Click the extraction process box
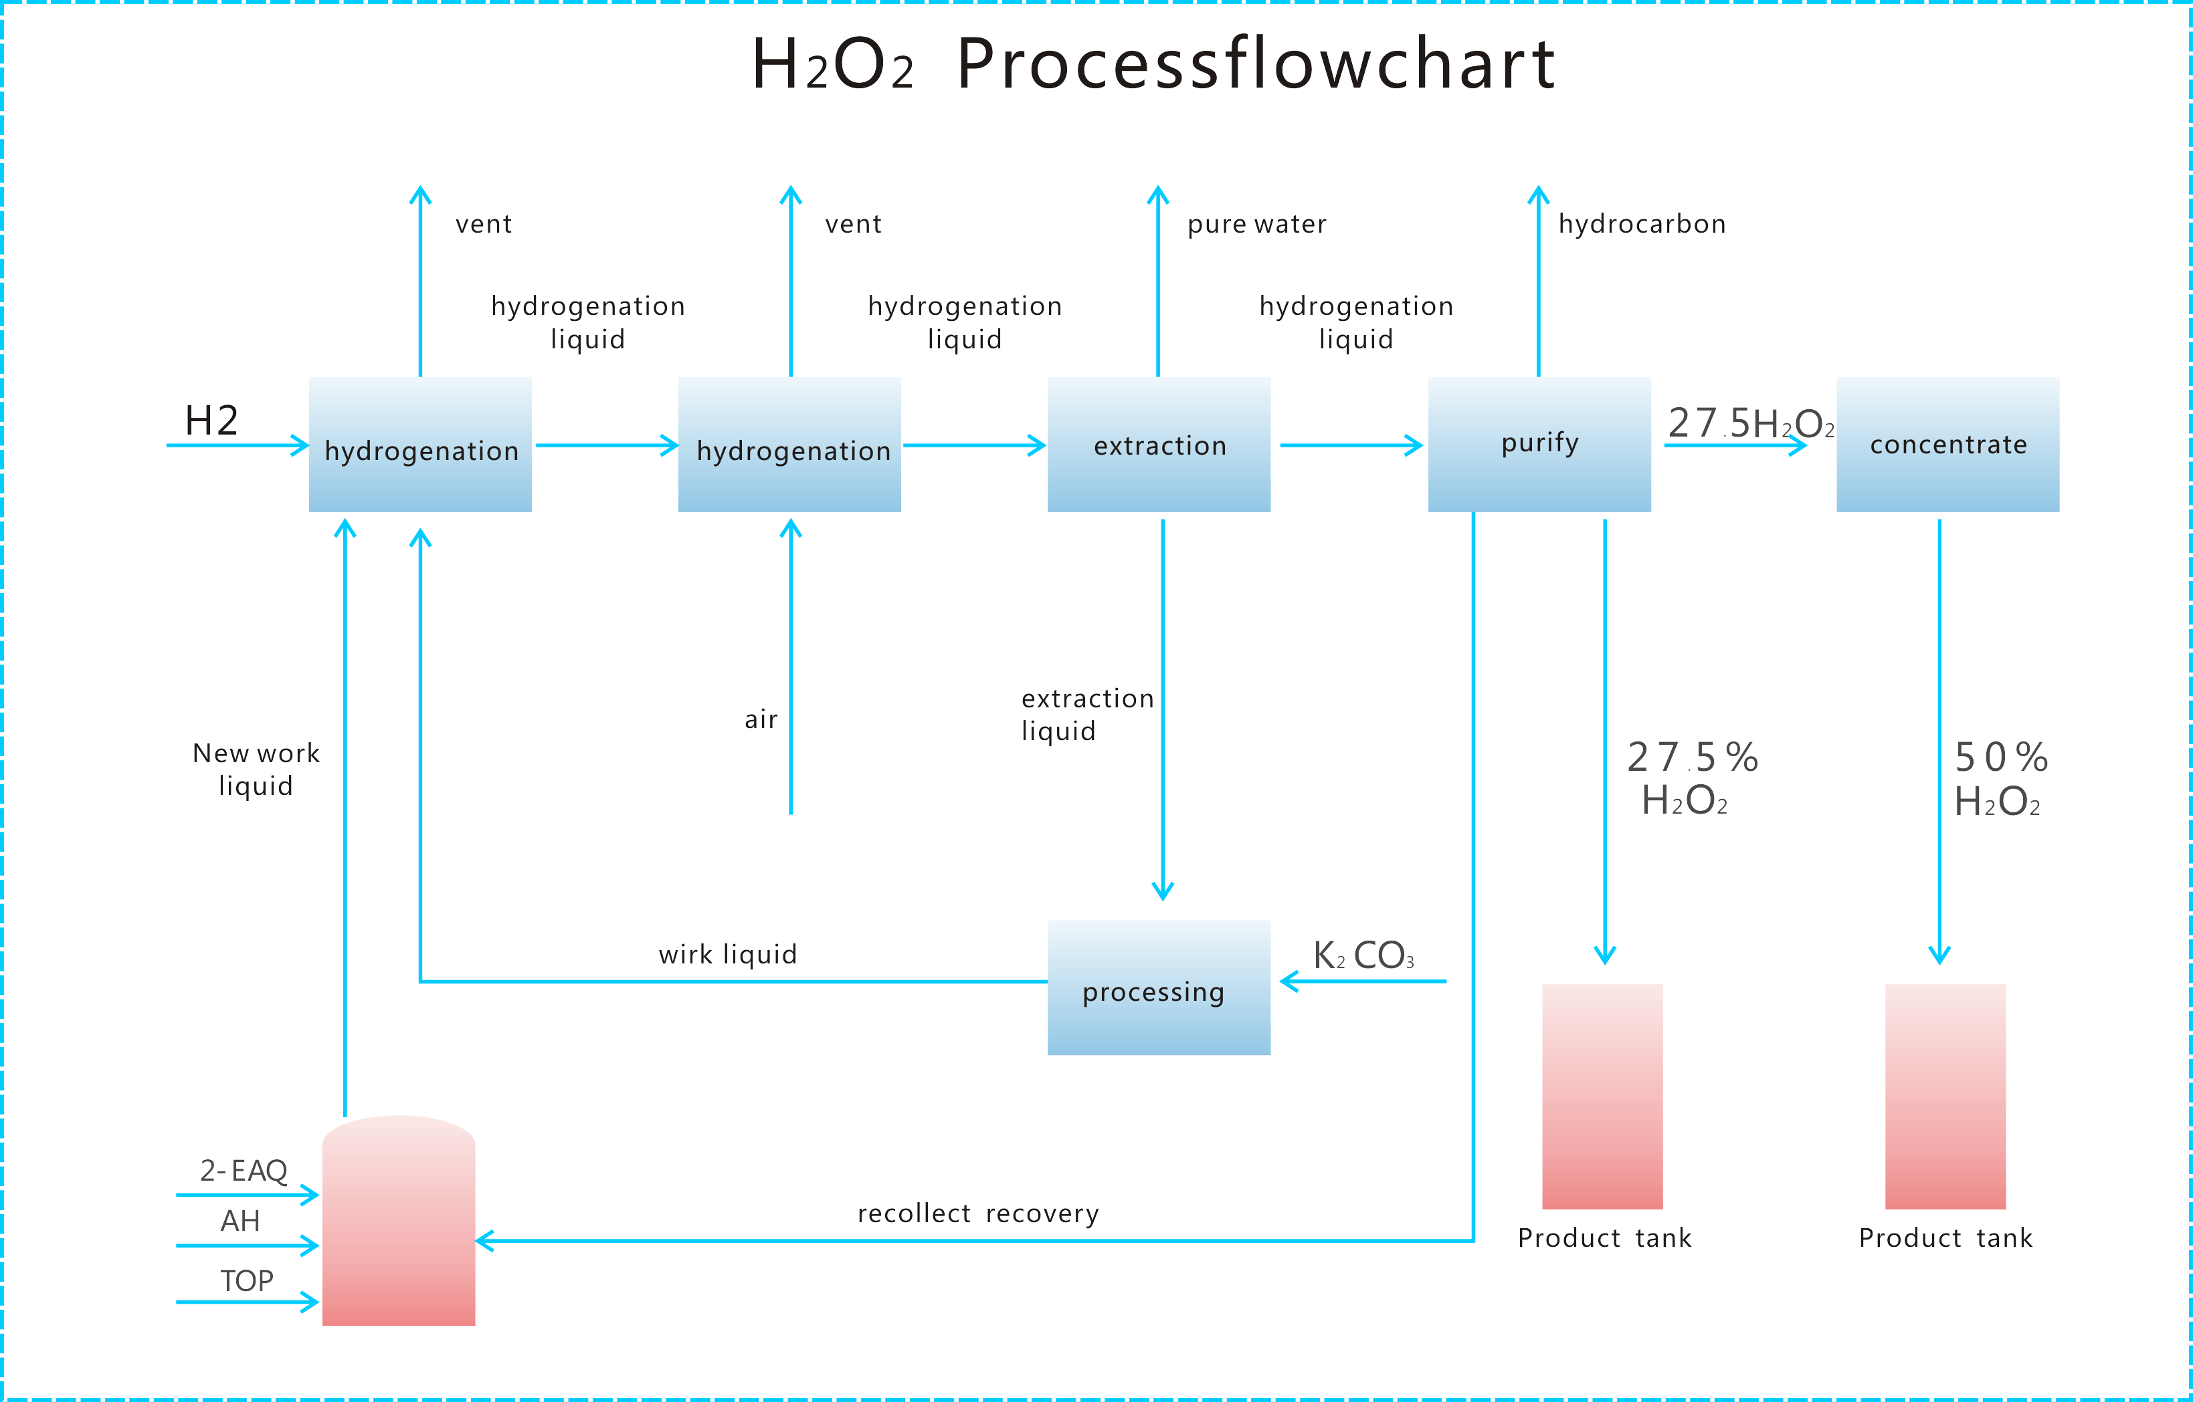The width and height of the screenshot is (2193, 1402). [1159, 445]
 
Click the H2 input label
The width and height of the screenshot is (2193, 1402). [211, 421]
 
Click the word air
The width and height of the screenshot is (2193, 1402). [761, 719]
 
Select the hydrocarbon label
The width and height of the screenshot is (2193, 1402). [1641, 224]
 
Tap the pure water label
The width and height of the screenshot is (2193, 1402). [1257, 224]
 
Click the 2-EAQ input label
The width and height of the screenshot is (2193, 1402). [243, 1170]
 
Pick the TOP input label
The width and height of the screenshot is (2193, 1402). [246, 1281]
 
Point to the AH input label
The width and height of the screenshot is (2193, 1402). [240, 1221]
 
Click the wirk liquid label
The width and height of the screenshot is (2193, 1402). [728, 954]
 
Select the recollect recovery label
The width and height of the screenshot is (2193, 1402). [978, 1213]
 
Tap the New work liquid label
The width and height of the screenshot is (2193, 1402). [256, 770]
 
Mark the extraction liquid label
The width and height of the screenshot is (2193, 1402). [1087, 715]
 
